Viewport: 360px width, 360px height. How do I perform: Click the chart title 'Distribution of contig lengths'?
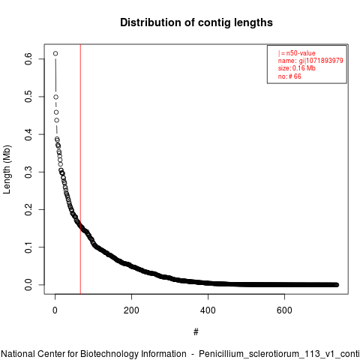coord(196,22)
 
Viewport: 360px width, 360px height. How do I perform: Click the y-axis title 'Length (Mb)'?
coord(7,169)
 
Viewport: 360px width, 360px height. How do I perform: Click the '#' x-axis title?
coord(196,331)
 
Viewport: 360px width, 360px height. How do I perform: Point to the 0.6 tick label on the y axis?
coord(28,59)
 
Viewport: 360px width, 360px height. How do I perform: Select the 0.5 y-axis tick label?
coord(28,97)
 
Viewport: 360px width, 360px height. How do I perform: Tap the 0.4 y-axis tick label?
coord(28,134)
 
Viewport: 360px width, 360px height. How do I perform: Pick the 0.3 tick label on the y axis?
coord(28,172)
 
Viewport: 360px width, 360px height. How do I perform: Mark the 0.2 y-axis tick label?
coord(28,209)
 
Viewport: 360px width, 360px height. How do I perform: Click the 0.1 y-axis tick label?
coord(28,247)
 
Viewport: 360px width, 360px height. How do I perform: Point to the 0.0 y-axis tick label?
coord(28,285)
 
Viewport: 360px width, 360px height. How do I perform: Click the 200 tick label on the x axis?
coord(131,310)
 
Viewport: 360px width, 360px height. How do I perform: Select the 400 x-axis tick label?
coord(208,310)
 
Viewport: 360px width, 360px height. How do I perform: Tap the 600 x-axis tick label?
coord(284,310)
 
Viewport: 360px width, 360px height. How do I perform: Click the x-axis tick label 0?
coord(55,310)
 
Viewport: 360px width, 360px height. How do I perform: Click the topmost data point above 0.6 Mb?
coord(55,53)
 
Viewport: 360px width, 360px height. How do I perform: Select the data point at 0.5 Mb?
coord(56,97)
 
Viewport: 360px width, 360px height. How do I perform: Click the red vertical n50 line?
coord(80,169)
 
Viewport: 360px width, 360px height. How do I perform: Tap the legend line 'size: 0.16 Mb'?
coord(297,68)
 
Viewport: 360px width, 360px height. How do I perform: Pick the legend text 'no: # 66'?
coord(289,76)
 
